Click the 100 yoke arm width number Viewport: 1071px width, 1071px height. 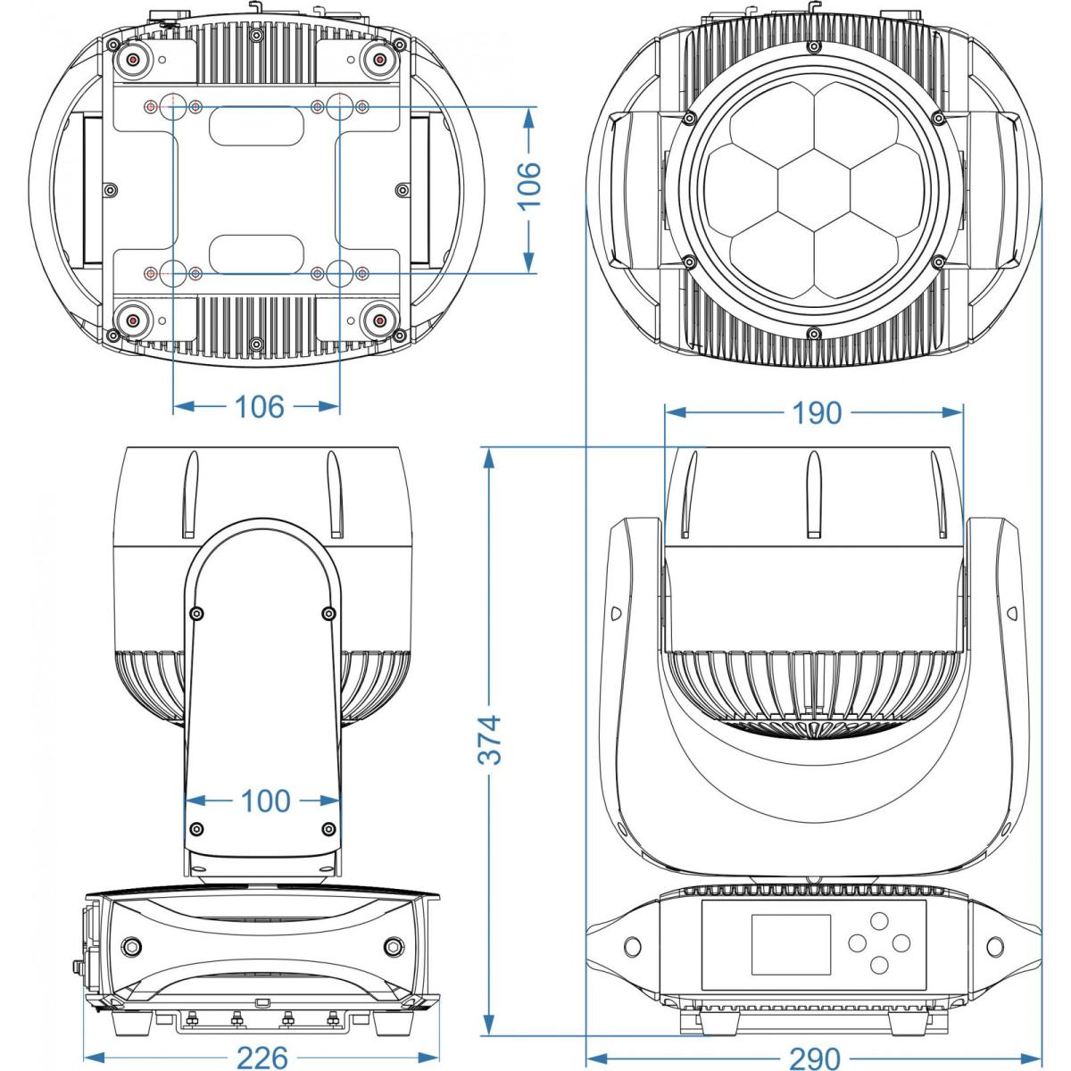[x=265, y=801]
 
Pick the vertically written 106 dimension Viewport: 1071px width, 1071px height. [x=530, y=185]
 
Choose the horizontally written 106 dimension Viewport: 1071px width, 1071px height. [x=259, y=407]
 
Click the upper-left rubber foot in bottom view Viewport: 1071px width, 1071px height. [x=133, y=59]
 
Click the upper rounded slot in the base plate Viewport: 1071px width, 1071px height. [x=256, y=125]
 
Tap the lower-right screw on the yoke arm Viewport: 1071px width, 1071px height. [x=328, y=829]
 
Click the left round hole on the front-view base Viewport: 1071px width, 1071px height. [x=633, y=945]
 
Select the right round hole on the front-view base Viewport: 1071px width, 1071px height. [x=994, y=945]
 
